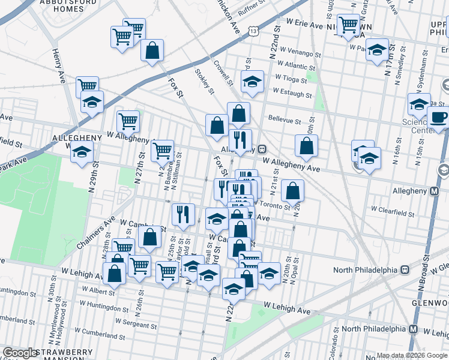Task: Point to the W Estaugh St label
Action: tap(292, 93)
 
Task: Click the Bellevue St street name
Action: tap(284, 120)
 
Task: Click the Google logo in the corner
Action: tap(20, 353)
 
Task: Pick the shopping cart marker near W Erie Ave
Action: tap(348, 25)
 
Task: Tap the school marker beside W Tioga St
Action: tap(253, 82)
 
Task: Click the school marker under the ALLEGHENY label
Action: tap(81, 153)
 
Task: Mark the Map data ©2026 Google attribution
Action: tap(412, 355)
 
